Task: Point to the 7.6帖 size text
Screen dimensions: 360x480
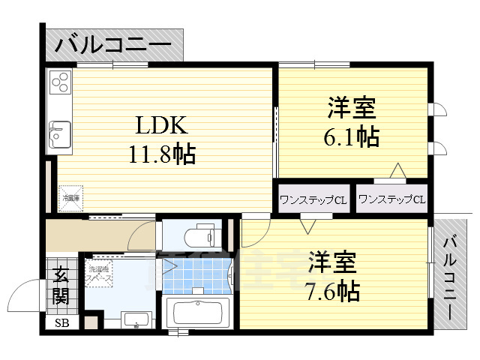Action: coord(332,290)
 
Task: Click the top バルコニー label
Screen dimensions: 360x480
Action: coord(113,44)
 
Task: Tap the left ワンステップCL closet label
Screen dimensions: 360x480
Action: coord(313,199)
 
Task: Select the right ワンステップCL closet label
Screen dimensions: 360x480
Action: coord(391,199)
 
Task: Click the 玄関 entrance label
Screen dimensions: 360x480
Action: coord(61,286)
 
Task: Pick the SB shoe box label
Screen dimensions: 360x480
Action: coord(59,324)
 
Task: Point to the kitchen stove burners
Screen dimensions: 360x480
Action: coord(60,81)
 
